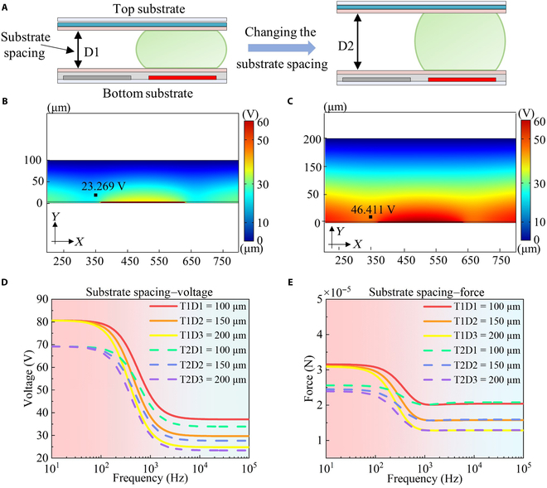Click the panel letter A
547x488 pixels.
(x=5, y=6)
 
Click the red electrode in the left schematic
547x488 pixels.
(x=182, y=77)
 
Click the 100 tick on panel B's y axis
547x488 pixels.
(x=34, y=160)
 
